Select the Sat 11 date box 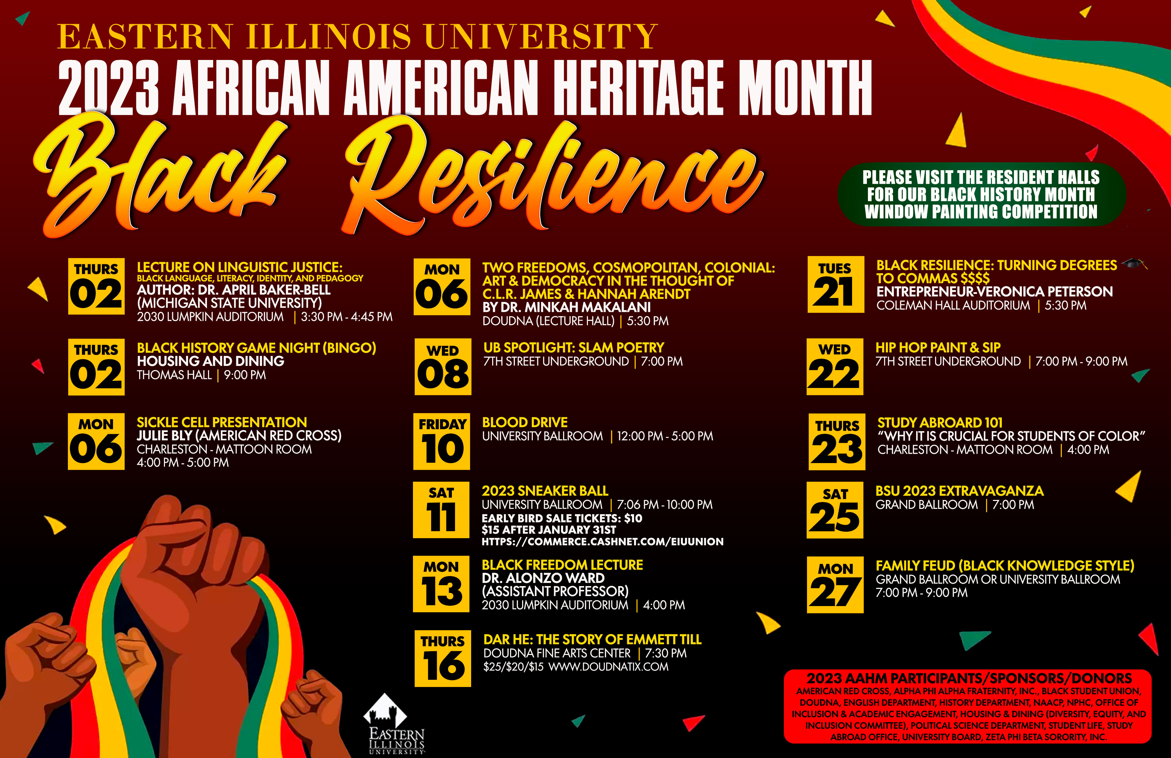(441, 510)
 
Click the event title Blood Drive (525, 422)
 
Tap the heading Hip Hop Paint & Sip (938, 348)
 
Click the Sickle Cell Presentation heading (222, 422)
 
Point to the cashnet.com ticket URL (603, 541)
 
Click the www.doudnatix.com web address (609, 667)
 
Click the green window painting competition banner (982, 194)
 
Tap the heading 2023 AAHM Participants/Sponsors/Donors (969, 678)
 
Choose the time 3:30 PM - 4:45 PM (347, 317)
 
